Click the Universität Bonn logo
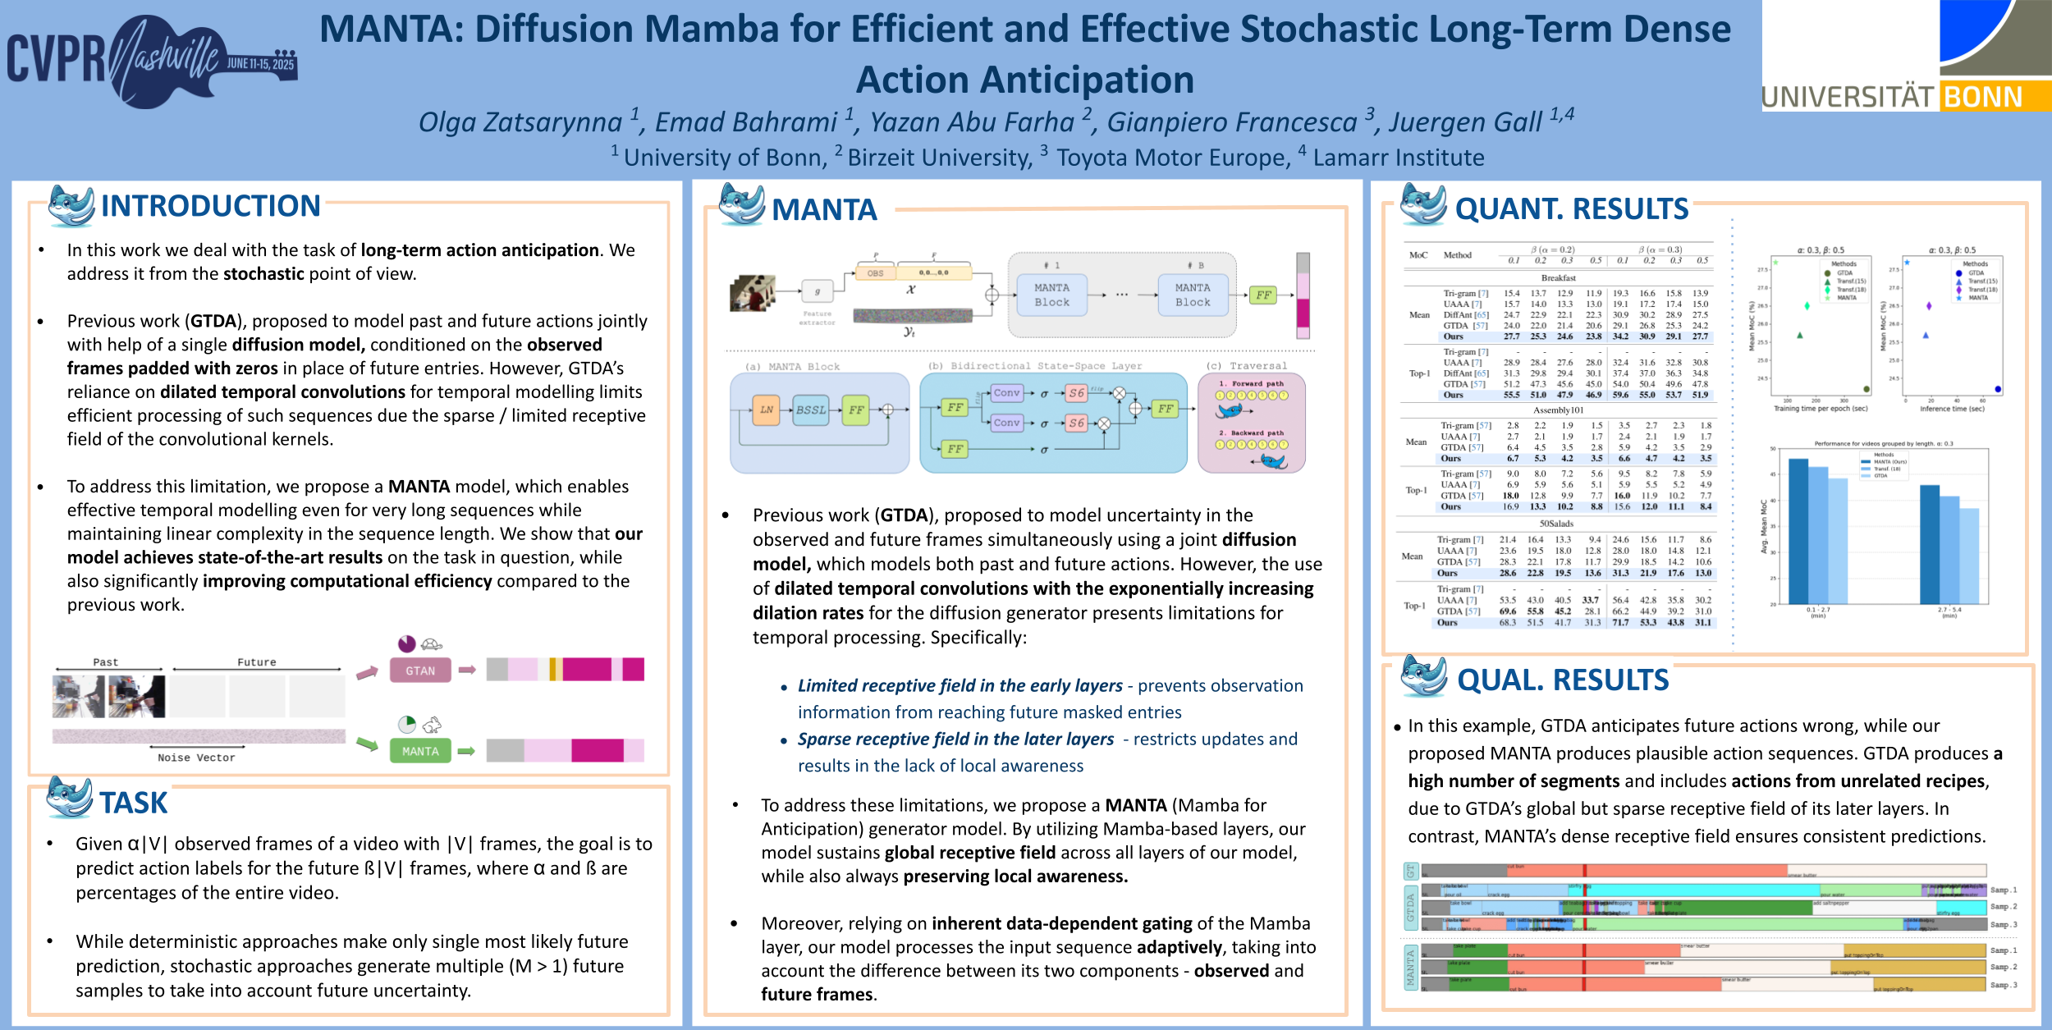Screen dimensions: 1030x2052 (x=1906, y=56)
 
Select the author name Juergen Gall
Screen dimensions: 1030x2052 (x=1465, y=122)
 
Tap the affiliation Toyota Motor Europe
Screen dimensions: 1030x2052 (x=1173, y=157)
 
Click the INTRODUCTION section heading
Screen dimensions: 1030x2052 (x=210, y=206)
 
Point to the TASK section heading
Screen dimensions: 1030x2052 (x=134, y=803)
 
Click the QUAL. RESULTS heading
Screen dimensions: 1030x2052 (x=1563, y=680)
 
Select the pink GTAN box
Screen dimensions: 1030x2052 (x=420, y=671)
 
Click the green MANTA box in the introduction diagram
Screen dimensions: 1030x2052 (x=420, y=751)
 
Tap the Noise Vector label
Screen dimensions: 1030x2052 (x=196, y=758)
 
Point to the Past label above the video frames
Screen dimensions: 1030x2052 (x=105, y=662)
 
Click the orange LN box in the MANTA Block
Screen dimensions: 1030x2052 (x=766, y=410)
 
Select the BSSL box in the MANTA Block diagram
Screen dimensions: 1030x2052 (x=811, y=410)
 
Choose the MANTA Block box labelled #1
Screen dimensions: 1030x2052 (x=1051, y=295)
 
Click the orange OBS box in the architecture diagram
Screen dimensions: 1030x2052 (x=876, y=273)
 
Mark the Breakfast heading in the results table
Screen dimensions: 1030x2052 (x=1558, y=278)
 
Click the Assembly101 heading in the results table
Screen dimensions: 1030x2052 (x=1558, y=410)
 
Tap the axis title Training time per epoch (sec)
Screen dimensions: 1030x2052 (x=1820, y=409)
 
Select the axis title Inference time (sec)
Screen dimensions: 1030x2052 (x=1952, y=409)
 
